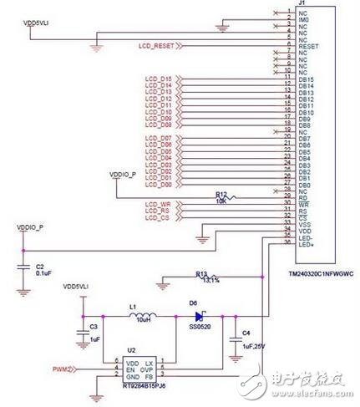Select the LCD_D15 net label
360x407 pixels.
[158, 79]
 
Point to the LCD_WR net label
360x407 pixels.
[157, 204]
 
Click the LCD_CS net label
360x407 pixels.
[157, 219]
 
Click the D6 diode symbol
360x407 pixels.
[200, 317]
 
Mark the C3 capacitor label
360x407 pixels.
[94, 326]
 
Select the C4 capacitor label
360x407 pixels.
[245, 333]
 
